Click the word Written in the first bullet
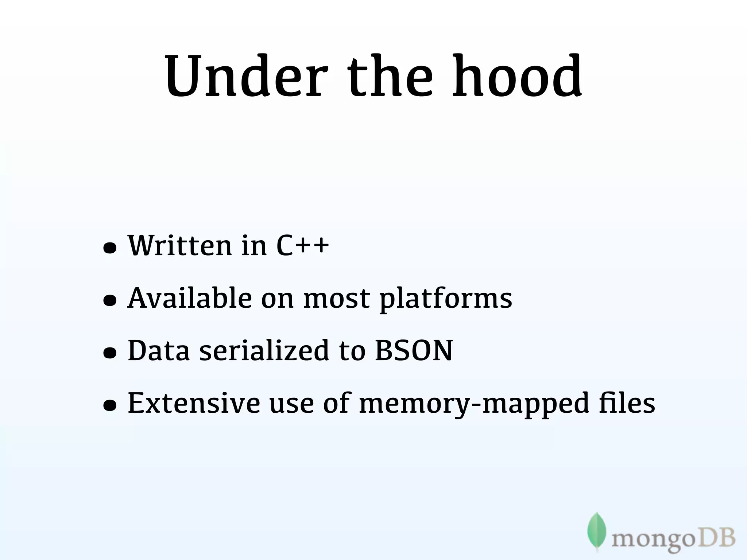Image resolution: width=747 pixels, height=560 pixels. (179, 245)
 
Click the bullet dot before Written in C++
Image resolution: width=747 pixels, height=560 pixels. (110, 248)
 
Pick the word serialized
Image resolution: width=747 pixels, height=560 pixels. (264, 350)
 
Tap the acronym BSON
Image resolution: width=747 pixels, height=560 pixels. (414, 350)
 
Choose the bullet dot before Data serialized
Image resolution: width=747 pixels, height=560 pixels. (110, 353)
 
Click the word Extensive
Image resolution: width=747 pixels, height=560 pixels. (194, 403)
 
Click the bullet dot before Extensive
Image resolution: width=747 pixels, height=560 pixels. (110, 406)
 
